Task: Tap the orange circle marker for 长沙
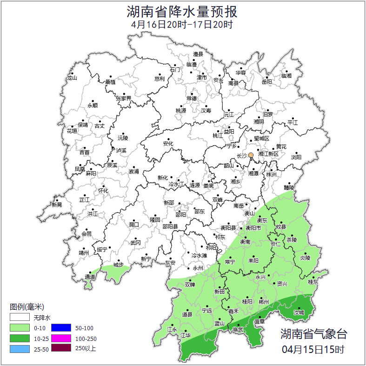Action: coord(251,155)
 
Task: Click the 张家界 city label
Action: coord(123,99)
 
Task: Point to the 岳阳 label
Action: coord(266,82)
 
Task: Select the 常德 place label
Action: coord(192,98)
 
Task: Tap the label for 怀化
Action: coord(103,191)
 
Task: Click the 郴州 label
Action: coord(264,301)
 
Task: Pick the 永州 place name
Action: coord(198,268)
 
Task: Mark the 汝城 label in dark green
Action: coord(299,313)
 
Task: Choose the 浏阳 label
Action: coord(296,158)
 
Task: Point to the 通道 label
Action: coord(90,278)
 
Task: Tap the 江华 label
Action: coord(186,335)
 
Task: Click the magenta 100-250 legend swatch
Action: coord(60,338)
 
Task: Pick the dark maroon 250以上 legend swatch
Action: coord(60,348)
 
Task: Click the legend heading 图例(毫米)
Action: coord(27,307)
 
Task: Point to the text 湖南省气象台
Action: coord(313,334)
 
